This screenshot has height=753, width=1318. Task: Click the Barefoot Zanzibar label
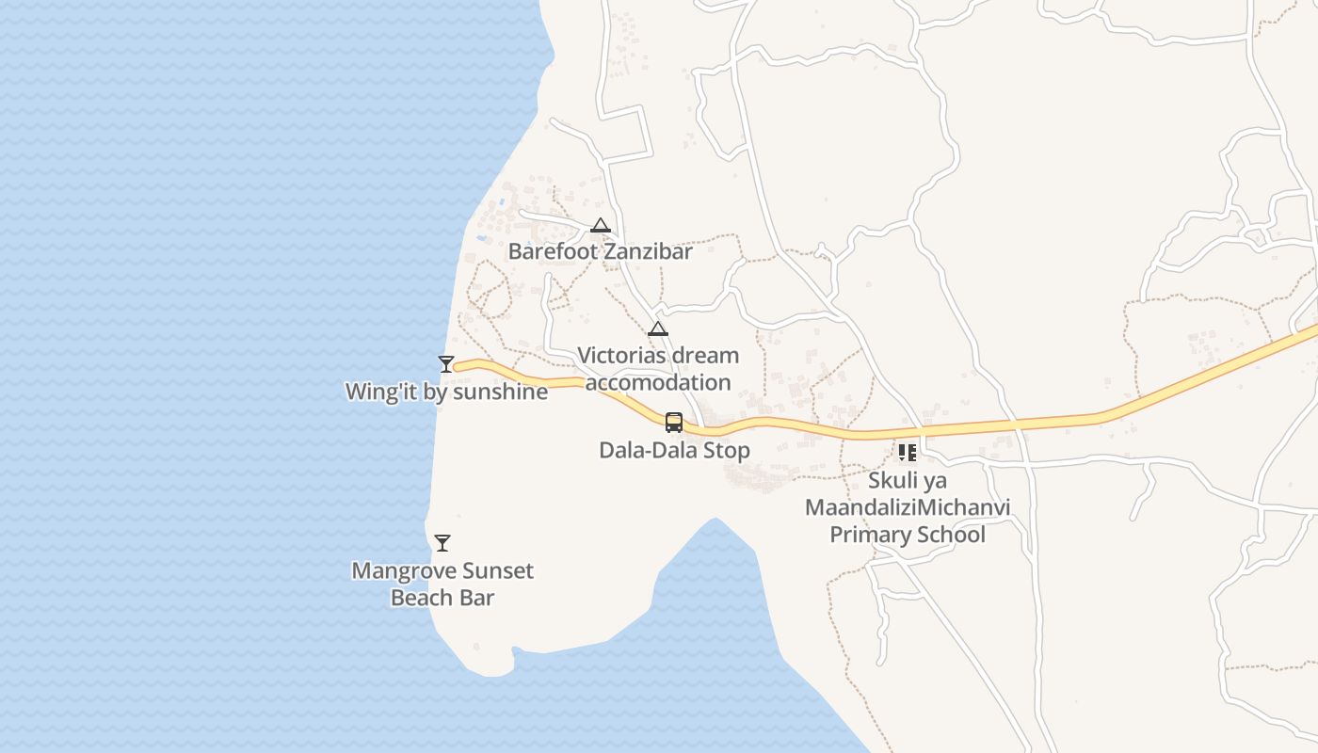click(600, 251)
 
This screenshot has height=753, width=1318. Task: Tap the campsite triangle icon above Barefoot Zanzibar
click(601, 226)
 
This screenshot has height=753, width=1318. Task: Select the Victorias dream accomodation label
click(658, 369)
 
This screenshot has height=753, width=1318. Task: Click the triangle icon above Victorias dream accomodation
click(658, 329)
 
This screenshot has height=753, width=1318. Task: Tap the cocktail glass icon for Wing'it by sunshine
click(446, 364)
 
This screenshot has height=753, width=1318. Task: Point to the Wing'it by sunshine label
click(446, 392)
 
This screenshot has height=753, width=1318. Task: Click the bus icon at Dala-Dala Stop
click(674, 423)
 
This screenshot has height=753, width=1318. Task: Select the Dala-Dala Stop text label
click(674, 450)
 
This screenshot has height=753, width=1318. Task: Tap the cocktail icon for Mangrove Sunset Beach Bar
click(442, 543)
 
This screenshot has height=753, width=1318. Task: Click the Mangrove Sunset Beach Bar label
click(442, 584)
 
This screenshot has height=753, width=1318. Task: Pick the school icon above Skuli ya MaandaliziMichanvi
click(908, 453)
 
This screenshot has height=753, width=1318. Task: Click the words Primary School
click(908, 535)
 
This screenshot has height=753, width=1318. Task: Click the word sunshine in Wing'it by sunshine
click(500, 392)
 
